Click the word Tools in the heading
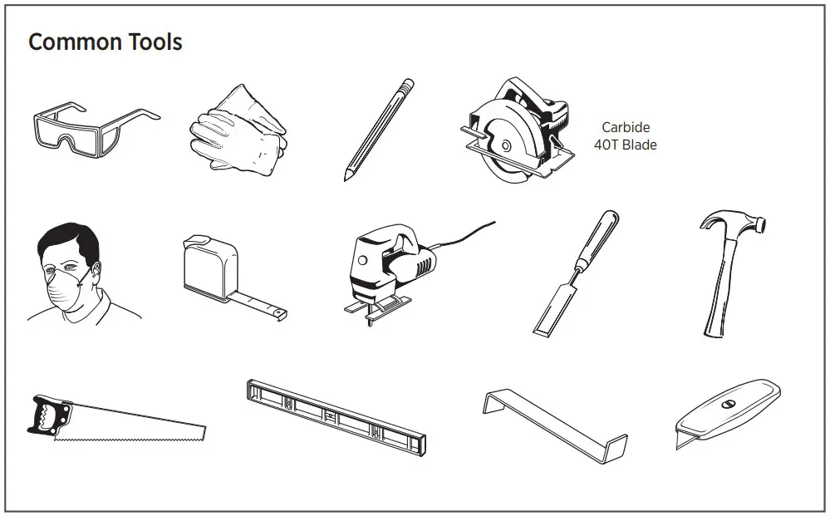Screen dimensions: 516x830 coord(155,42)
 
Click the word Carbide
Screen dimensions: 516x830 coord(626,128)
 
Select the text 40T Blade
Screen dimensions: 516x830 coord(626,145)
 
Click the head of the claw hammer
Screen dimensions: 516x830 coord(731,222)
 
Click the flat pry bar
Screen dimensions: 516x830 coord(553,420)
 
